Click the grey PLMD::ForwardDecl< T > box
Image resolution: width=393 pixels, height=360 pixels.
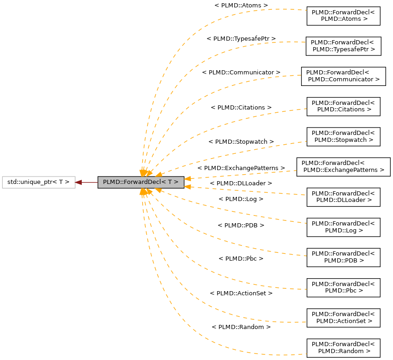pos(141,182)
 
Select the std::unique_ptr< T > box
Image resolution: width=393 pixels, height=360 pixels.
pos(38,182)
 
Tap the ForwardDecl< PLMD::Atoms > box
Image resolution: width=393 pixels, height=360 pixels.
pos(343,16)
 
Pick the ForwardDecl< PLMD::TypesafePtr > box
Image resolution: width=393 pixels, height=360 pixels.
pos(343,46)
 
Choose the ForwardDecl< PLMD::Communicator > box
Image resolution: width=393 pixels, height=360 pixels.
pos(343,76)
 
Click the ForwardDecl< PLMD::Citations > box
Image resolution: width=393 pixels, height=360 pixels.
pos(343,106)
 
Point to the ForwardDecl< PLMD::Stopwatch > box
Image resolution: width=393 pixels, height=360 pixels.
pos(343,137)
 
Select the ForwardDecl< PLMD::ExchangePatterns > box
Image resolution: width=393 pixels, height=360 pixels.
pos(343,167)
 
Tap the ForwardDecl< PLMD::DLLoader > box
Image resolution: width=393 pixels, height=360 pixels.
pos(343,197)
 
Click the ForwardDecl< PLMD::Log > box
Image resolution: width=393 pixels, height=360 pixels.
pos(343,227)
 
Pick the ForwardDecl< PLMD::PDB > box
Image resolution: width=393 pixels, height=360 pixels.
pos(343,257)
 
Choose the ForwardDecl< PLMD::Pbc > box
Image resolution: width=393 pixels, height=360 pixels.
pos(343,287)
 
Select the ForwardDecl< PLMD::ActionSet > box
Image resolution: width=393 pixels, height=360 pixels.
pos(343,317)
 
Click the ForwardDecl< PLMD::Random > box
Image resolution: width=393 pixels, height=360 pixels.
pos(343,348)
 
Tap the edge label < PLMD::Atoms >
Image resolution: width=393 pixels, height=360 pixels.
pos(241,5)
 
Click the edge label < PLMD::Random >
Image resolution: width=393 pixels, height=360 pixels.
pos(241,327)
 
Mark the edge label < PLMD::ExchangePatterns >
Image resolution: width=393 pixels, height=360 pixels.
pos(241,168)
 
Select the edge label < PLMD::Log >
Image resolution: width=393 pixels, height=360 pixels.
pos(241,199)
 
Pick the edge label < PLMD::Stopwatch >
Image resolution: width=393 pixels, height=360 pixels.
pos(241,141)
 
